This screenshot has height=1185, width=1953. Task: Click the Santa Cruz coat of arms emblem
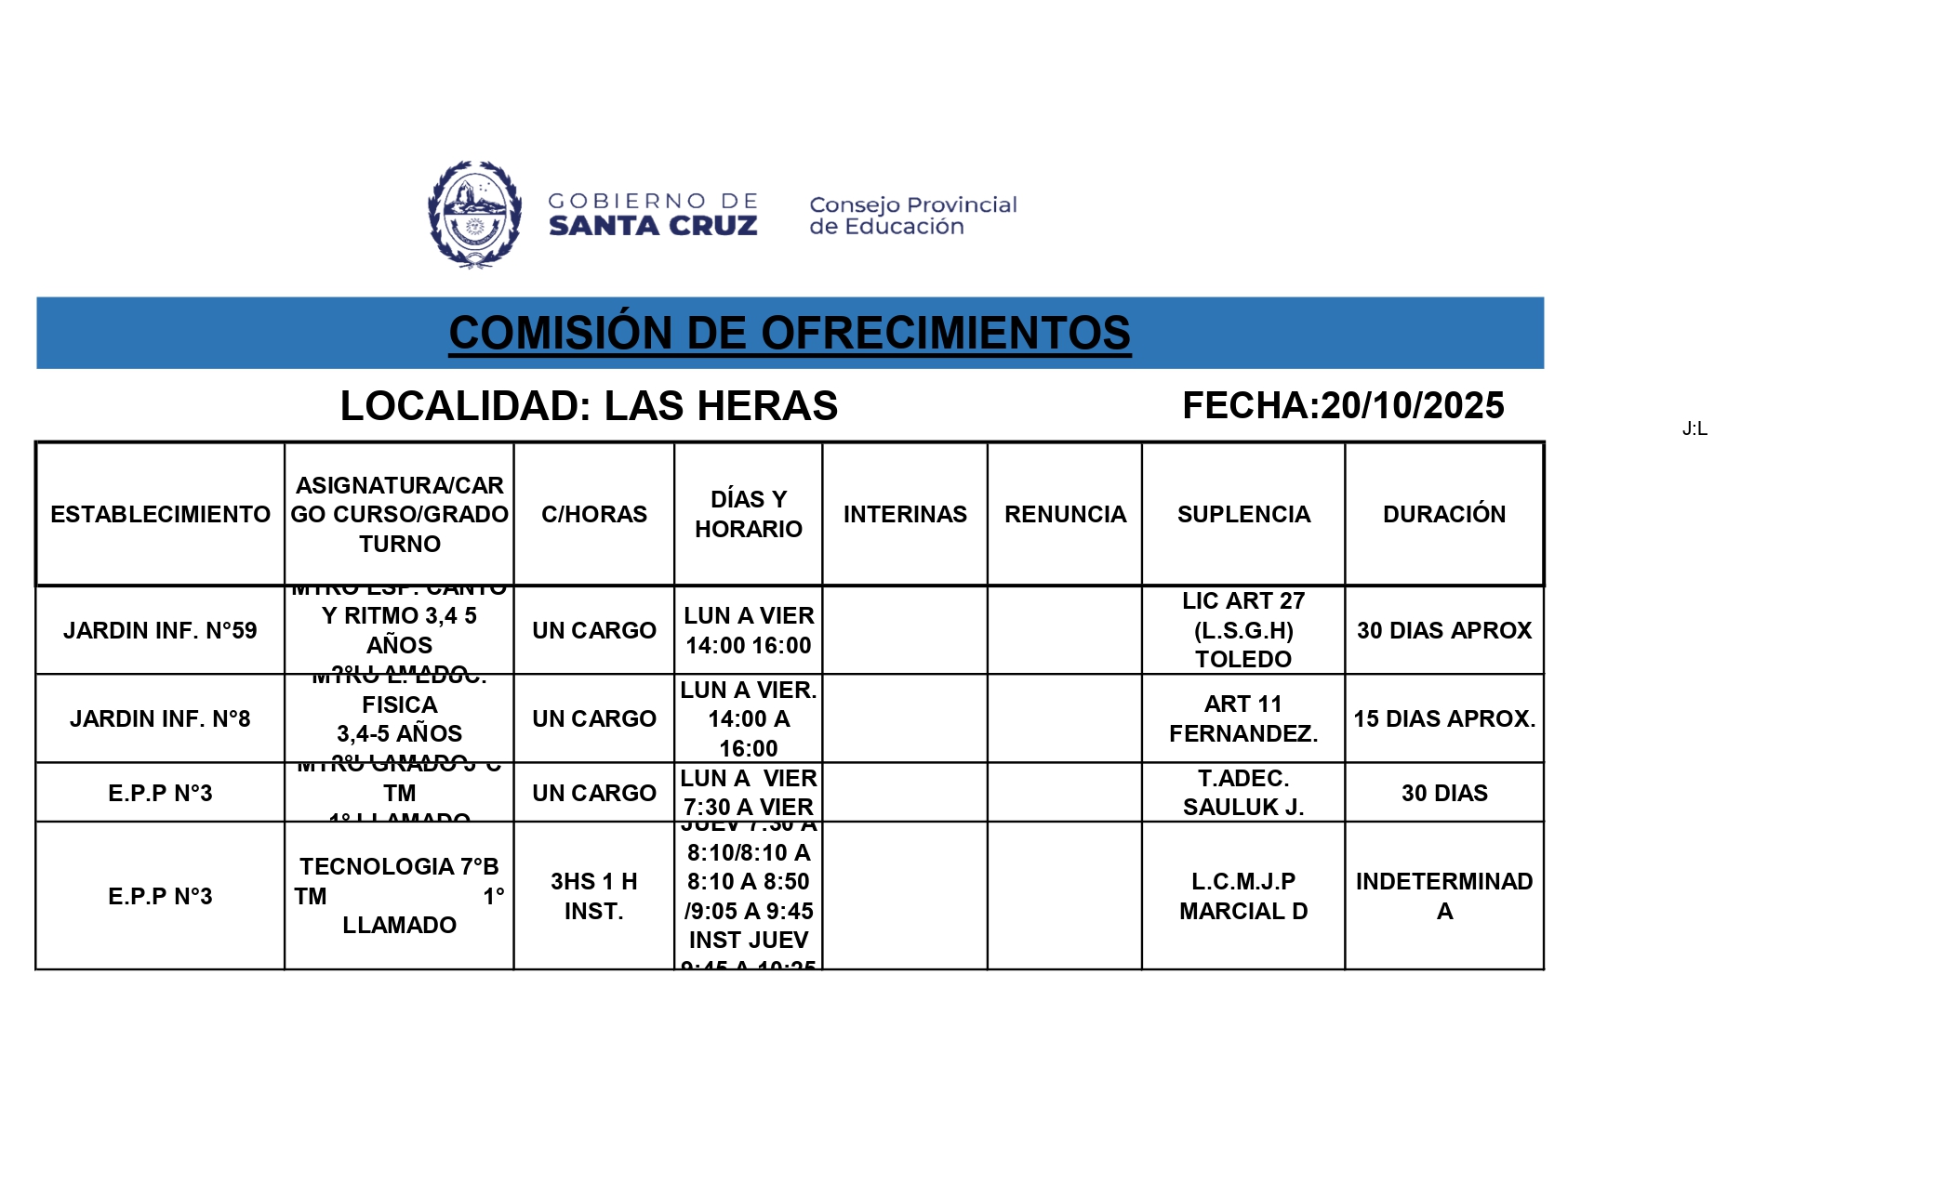coord(474,214)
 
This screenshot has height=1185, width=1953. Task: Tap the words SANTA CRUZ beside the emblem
coord(653,226)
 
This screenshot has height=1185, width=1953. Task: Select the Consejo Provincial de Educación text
coord(912,216)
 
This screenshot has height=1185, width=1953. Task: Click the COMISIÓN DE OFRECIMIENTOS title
coord(790,334)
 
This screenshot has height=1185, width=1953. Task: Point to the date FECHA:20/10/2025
coord(1343,406)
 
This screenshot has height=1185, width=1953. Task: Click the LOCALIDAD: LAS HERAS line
coord(589,406)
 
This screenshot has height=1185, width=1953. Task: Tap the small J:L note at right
coord(1694,428)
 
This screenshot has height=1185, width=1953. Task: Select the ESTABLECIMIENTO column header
coord(160,514)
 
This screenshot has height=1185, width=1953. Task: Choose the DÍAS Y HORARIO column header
coord(749,514)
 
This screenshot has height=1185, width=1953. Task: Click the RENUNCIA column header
coord(1065,514)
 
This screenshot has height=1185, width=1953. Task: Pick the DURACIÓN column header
coord(1443,514)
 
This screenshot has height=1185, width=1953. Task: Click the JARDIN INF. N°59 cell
coord(160,630)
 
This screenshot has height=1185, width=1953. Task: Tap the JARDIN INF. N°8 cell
coord(160,718)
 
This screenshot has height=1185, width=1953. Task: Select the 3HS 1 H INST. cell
coord(594,896)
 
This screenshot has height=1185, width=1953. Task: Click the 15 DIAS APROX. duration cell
coord(1443,718)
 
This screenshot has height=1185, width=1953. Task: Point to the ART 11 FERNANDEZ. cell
coord(1243,718)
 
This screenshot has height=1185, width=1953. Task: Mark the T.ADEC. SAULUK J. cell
coord(1243,793)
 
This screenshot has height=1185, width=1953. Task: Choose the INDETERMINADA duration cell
coord(1443,896)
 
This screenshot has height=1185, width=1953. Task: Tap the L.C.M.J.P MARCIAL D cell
coord(1243,896)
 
